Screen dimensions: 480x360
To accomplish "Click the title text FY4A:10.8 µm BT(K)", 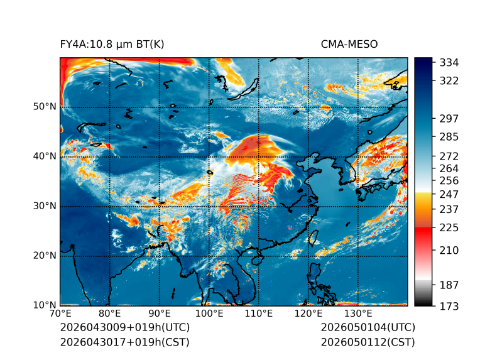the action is point(112,45).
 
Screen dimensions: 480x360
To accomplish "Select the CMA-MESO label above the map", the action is point(349,45).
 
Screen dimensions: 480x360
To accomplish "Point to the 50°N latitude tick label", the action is point(45,107).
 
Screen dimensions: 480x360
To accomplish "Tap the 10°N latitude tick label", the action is point(45,305).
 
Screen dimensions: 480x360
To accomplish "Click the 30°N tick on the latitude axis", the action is point(45,206).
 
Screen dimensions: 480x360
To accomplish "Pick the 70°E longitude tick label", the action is point(60,314).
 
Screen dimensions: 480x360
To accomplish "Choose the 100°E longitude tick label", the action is point(209,314).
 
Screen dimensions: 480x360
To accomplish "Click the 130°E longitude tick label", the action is point(358,314).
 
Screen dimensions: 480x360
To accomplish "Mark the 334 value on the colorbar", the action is point(449,63).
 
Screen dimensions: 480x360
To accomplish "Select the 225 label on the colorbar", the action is point(449,228).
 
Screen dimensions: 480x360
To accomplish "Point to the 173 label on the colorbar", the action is point(449,307).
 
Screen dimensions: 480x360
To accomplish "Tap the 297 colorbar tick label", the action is point(449,119).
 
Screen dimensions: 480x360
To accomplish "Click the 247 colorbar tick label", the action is point(449,194).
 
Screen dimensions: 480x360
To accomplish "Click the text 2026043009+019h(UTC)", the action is point(125,327).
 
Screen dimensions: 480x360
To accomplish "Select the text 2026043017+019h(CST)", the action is point(125,342).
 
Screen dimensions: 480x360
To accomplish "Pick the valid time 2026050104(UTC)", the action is point(368,327).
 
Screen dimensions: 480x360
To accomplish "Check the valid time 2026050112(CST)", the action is point(368,342).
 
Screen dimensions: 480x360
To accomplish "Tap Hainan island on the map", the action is point(258,259).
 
